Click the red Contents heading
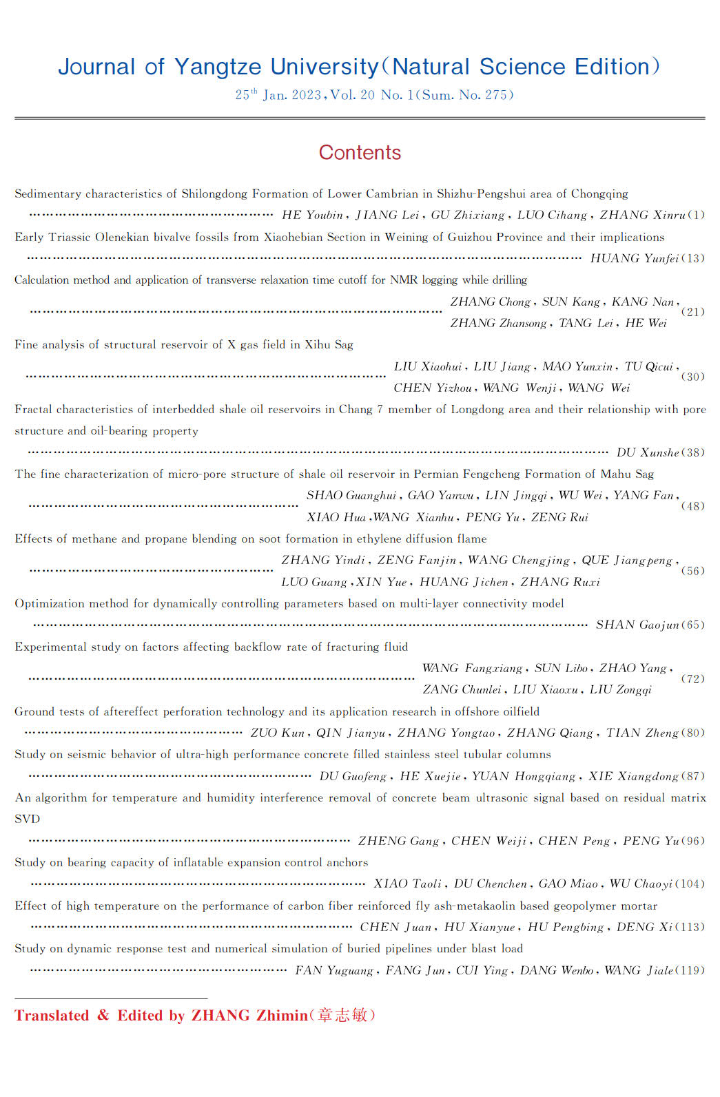pos(360,152)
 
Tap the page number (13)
pos(692,258)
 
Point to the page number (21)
pos(692,312)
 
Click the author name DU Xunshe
pos(647,452)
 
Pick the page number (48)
pos(692,506)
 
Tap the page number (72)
pos(692,679)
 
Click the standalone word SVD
pos(28,819)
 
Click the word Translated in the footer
pos(52,1016)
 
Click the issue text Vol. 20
pos(352,95)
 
